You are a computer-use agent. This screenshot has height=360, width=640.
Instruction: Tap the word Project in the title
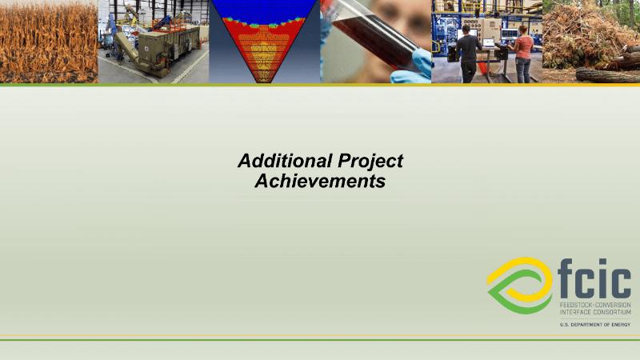click(x=370, y=162)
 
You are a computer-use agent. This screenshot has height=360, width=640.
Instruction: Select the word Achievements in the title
click(x=321, y=181)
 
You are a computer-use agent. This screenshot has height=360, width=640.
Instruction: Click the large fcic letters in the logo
click(x=594, y=278)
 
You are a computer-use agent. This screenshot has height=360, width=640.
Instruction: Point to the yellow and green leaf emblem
click(x=519, y=286)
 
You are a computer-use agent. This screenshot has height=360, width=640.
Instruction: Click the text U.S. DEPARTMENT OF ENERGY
click(x=595, y=325)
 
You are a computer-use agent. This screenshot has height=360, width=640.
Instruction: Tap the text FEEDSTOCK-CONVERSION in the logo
click(x=595, y=306)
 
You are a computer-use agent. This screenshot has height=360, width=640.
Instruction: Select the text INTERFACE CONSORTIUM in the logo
click(x=595, y=312)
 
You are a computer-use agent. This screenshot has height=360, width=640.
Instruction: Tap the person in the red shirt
click(x=522, y=54)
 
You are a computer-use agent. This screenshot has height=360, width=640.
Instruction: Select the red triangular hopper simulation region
click(x=265, y=49)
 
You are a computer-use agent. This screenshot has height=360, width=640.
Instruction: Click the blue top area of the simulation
click(x=265, y=11)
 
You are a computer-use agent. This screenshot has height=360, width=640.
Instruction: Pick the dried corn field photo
click(x=49, y=42)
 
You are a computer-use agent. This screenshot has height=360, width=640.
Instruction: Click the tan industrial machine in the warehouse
click(x=168, y=50)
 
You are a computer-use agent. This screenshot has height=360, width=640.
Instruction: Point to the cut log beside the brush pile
click(x=607, y=75)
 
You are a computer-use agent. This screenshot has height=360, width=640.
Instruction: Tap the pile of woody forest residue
click(x=584, y=37)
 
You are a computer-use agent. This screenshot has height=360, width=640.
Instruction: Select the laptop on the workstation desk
click(x=489, y=43)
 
